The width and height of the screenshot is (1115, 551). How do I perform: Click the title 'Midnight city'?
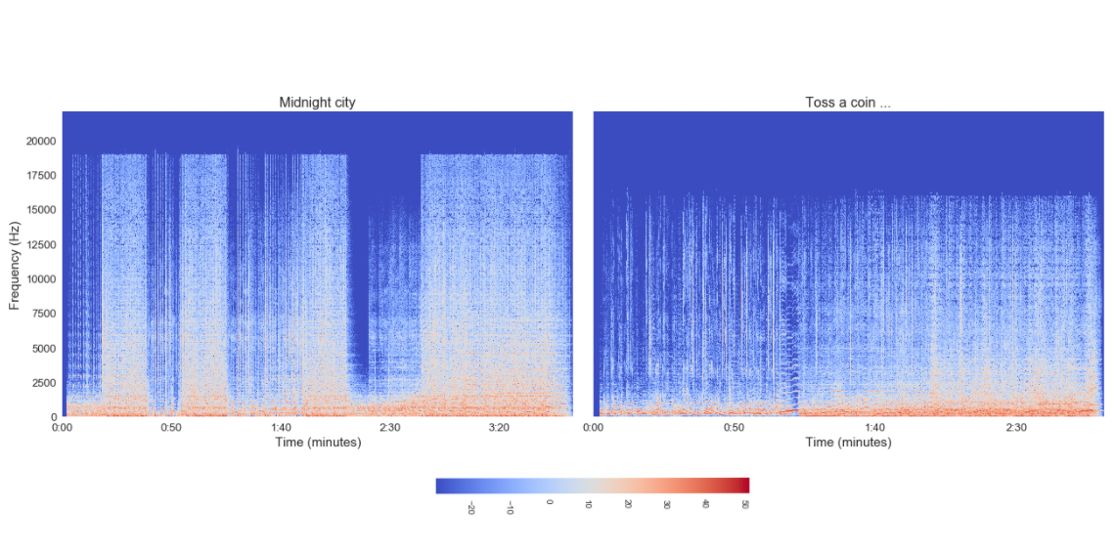pos(317,103)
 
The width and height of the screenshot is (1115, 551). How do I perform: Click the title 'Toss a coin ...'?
pos(847,103)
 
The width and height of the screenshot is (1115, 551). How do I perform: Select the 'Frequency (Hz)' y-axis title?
pos(15,264)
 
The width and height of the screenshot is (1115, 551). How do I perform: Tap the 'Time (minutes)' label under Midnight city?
pos(317,443)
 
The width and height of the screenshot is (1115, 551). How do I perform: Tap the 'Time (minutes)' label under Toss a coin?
pos(848,443)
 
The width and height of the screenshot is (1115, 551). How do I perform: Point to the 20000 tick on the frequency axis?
pos(40,141)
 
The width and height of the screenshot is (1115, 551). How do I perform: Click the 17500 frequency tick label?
pos(40,176)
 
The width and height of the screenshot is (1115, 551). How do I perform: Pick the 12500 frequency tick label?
pos(40,244)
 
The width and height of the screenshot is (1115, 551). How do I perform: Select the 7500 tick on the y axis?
pos(43,314)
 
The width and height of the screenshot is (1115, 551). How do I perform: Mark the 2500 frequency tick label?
pos(43,383)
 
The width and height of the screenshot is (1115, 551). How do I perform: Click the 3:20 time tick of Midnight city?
pos(499,427)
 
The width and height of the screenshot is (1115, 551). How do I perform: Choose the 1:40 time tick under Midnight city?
pos(281,427)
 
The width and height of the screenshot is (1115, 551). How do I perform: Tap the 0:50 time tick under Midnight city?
pos(171,427)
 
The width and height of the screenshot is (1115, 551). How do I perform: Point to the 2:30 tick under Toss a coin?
pos(1016,427)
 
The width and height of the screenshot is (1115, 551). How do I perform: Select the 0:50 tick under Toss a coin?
pos(734,427)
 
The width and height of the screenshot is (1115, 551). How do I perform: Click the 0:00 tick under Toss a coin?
pos(593,427)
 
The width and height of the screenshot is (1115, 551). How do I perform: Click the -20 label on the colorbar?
pos(470,507)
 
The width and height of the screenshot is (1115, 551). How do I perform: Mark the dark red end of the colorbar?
pos(743,486)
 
